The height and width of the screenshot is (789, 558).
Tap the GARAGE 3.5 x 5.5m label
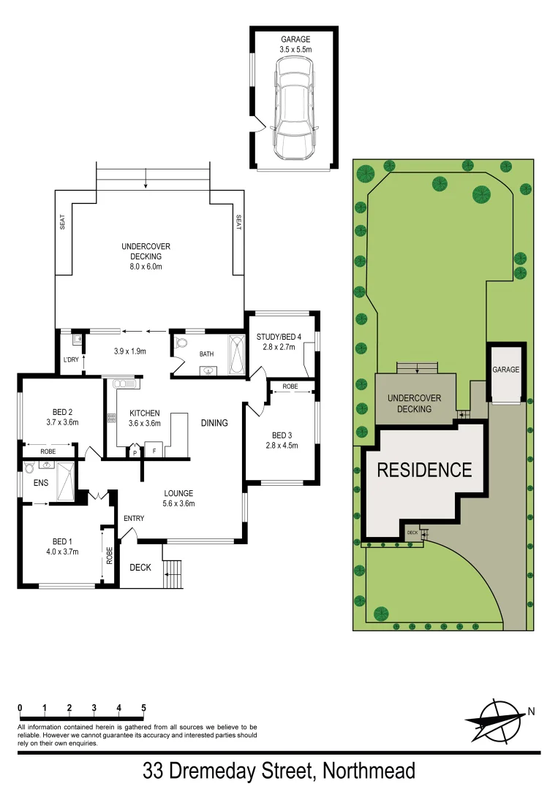pos(295,44)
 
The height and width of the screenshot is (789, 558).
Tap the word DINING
pos(215,423)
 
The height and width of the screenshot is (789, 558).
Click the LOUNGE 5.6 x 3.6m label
pos(178,498)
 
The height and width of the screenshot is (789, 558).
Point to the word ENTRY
pos(134,519)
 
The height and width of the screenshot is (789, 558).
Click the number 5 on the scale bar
pos(143,708)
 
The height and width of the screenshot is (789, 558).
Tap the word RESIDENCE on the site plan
pos(424,470)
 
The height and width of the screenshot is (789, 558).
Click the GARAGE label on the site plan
pos(505,370)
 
